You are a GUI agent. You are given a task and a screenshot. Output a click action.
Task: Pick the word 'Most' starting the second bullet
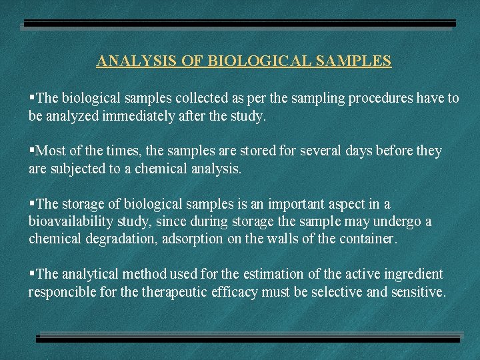pyautogui.click(x=49, y=151)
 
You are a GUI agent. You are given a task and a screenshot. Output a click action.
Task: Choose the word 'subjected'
pyautogui.click(x=78, y=169)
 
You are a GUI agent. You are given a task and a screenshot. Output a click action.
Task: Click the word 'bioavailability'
pyautogui.click(x=69, y=221)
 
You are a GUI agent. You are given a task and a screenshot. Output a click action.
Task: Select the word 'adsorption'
pyautogui.click(x=191, y=239)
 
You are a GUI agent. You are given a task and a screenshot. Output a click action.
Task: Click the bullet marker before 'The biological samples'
pyautogui.click(x=31, y=98)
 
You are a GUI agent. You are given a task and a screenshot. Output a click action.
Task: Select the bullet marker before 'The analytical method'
pyautogui.click(x=31, y=274)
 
